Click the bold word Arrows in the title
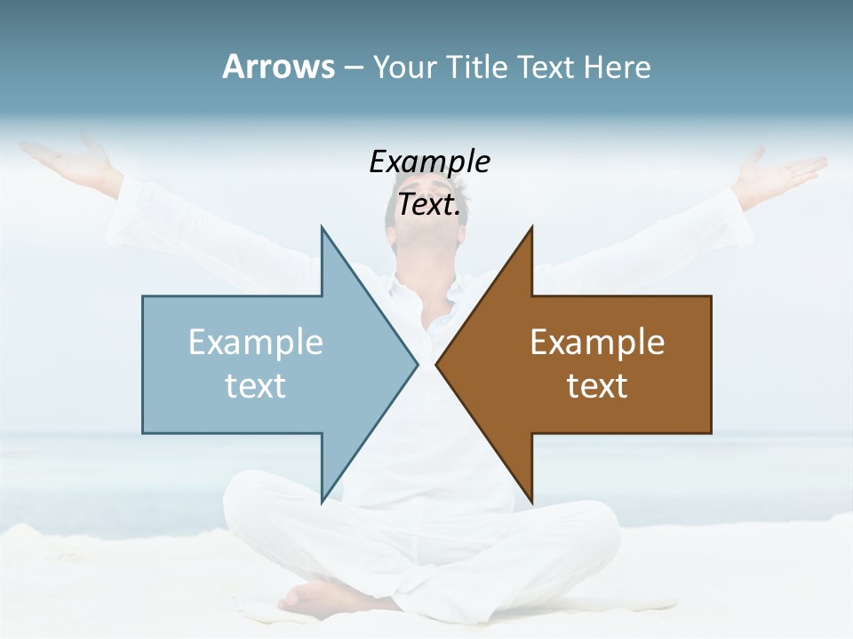click(278, 67)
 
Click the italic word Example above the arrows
click(429, 162)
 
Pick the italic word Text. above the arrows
click(429, 204)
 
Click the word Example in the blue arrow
click(256, 343)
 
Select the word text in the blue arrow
click(256, 385)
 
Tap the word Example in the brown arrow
click(597, 343)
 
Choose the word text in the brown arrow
click(597, 385)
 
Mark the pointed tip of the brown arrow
click(438, 364)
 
